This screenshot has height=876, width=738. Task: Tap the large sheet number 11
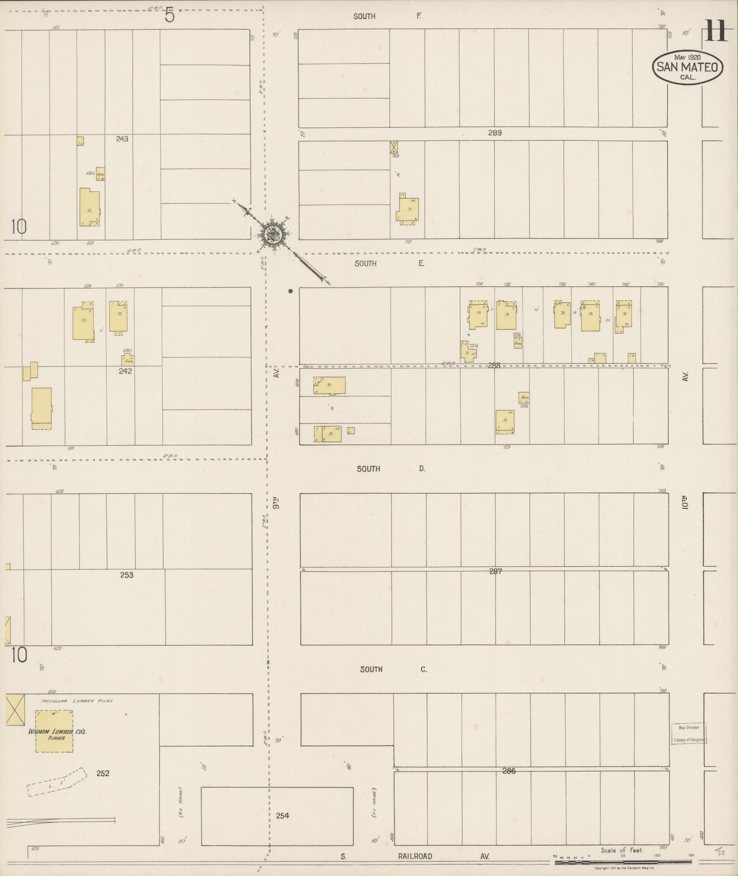click(716, 30)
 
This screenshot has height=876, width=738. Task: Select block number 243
click(122, 139)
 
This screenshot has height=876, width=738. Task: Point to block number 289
click(494, 133)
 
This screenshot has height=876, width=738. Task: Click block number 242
click(125, 371)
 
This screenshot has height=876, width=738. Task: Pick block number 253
click(127, 575)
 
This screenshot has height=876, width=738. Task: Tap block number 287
click(495, 571)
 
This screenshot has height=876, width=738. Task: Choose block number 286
click(509, 771)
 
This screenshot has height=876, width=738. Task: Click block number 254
click(282, 815)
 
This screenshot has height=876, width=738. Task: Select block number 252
click(103, 773)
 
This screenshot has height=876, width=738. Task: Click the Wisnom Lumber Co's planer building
click(54, 731)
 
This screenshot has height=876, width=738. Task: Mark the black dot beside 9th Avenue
click(290, 291)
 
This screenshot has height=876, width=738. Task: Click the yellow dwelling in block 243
click(90, 207)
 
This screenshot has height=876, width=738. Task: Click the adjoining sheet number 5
click(170, 16)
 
